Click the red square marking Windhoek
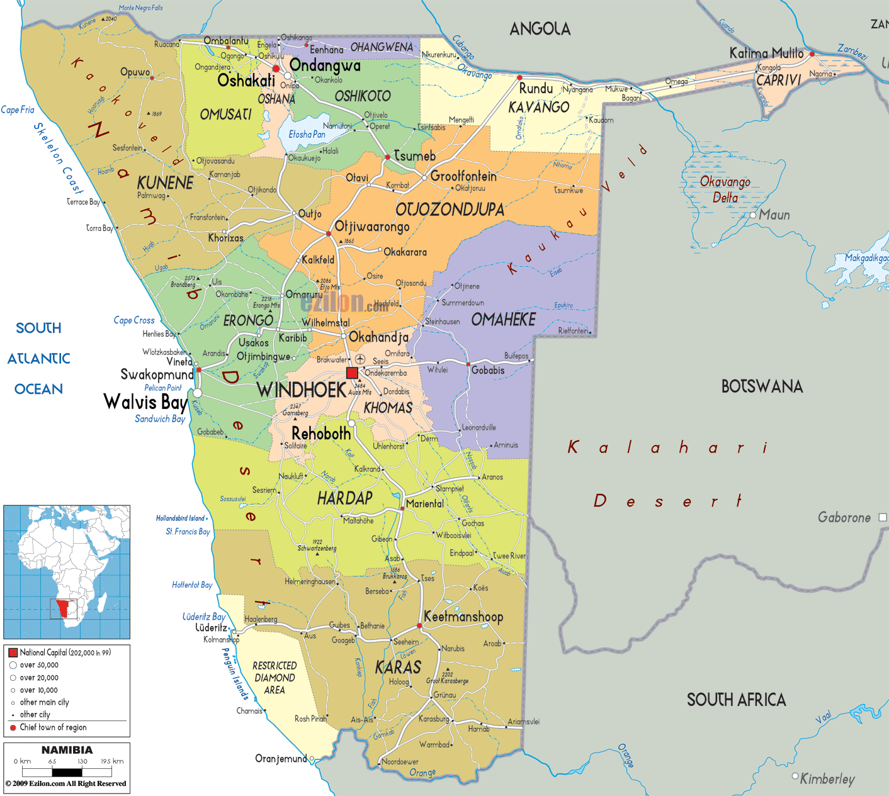tap(352, 373)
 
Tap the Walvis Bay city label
tap(145, 401)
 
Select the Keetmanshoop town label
tap(463, 617)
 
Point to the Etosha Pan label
tap(307, 134)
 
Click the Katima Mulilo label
tap(766, 53)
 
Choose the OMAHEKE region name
tap(503, 320)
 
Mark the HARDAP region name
tap(344, 498)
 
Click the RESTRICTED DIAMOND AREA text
tap(274, 678)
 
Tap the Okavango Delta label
tap(725, 189)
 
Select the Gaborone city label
tap(844, 517)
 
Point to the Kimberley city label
tap(827, 779)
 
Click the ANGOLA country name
tap(540, 29)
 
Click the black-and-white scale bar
tap(67, 771)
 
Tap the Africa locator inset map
tap(67, 571)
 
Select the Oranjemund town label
tap(281, 759)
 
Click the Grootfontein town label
tap(463, 176)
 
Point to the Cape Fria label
tap(18, 110)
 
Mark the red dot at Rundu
tap(519, 78)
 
